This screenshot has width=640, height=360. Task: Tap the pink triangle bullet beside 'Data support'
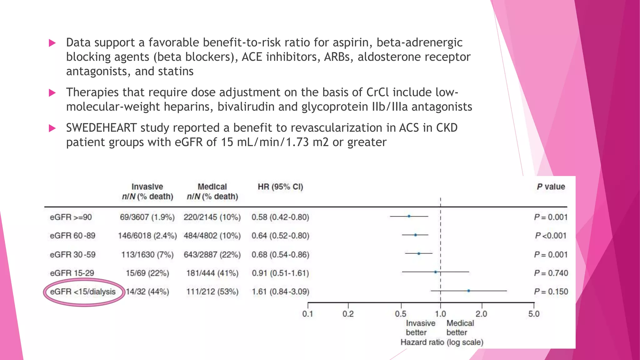(52, 43)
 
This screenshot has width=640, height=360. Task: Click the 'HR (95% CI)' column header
(280, 187)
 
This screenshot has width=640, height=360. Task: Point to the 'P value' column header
(551, 187)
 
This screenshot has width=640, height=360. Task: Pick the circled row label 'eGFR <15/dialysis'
(83, 292)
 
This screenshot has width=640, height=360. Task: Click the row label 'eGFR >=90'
(71, 217)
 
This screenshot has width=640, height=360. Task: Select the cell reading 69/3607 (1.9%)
(147, 217)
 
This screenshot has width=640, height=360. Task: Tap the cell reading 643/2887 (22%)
(212, 255)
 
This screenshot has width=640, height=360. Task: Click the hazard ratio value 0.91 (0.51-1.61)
(280, 273)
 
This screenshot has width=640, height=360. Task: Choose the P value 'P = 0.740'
(551, 273)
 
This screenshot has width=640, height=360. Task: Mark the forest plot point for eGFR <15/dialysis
(468, 291)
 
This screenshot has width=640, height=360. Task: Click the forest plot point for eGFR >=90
(409, 216)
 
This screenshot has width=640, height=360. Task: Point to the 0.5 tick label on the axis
(401, 314)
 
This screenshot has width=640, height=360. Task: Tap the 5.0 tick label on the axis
(534, 314)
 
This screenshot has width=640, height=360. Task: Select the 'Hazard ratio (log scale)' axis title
(442, 342)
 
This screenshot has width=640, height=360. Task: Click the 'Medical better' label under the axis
(460, 328)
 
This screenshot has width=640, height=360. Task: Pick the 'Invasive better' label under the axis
(420, 328)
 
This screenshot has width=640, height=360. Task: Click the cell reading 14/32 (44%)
(147, 292)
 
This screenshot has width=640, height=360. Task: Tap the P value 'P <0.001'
(551, 236)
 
